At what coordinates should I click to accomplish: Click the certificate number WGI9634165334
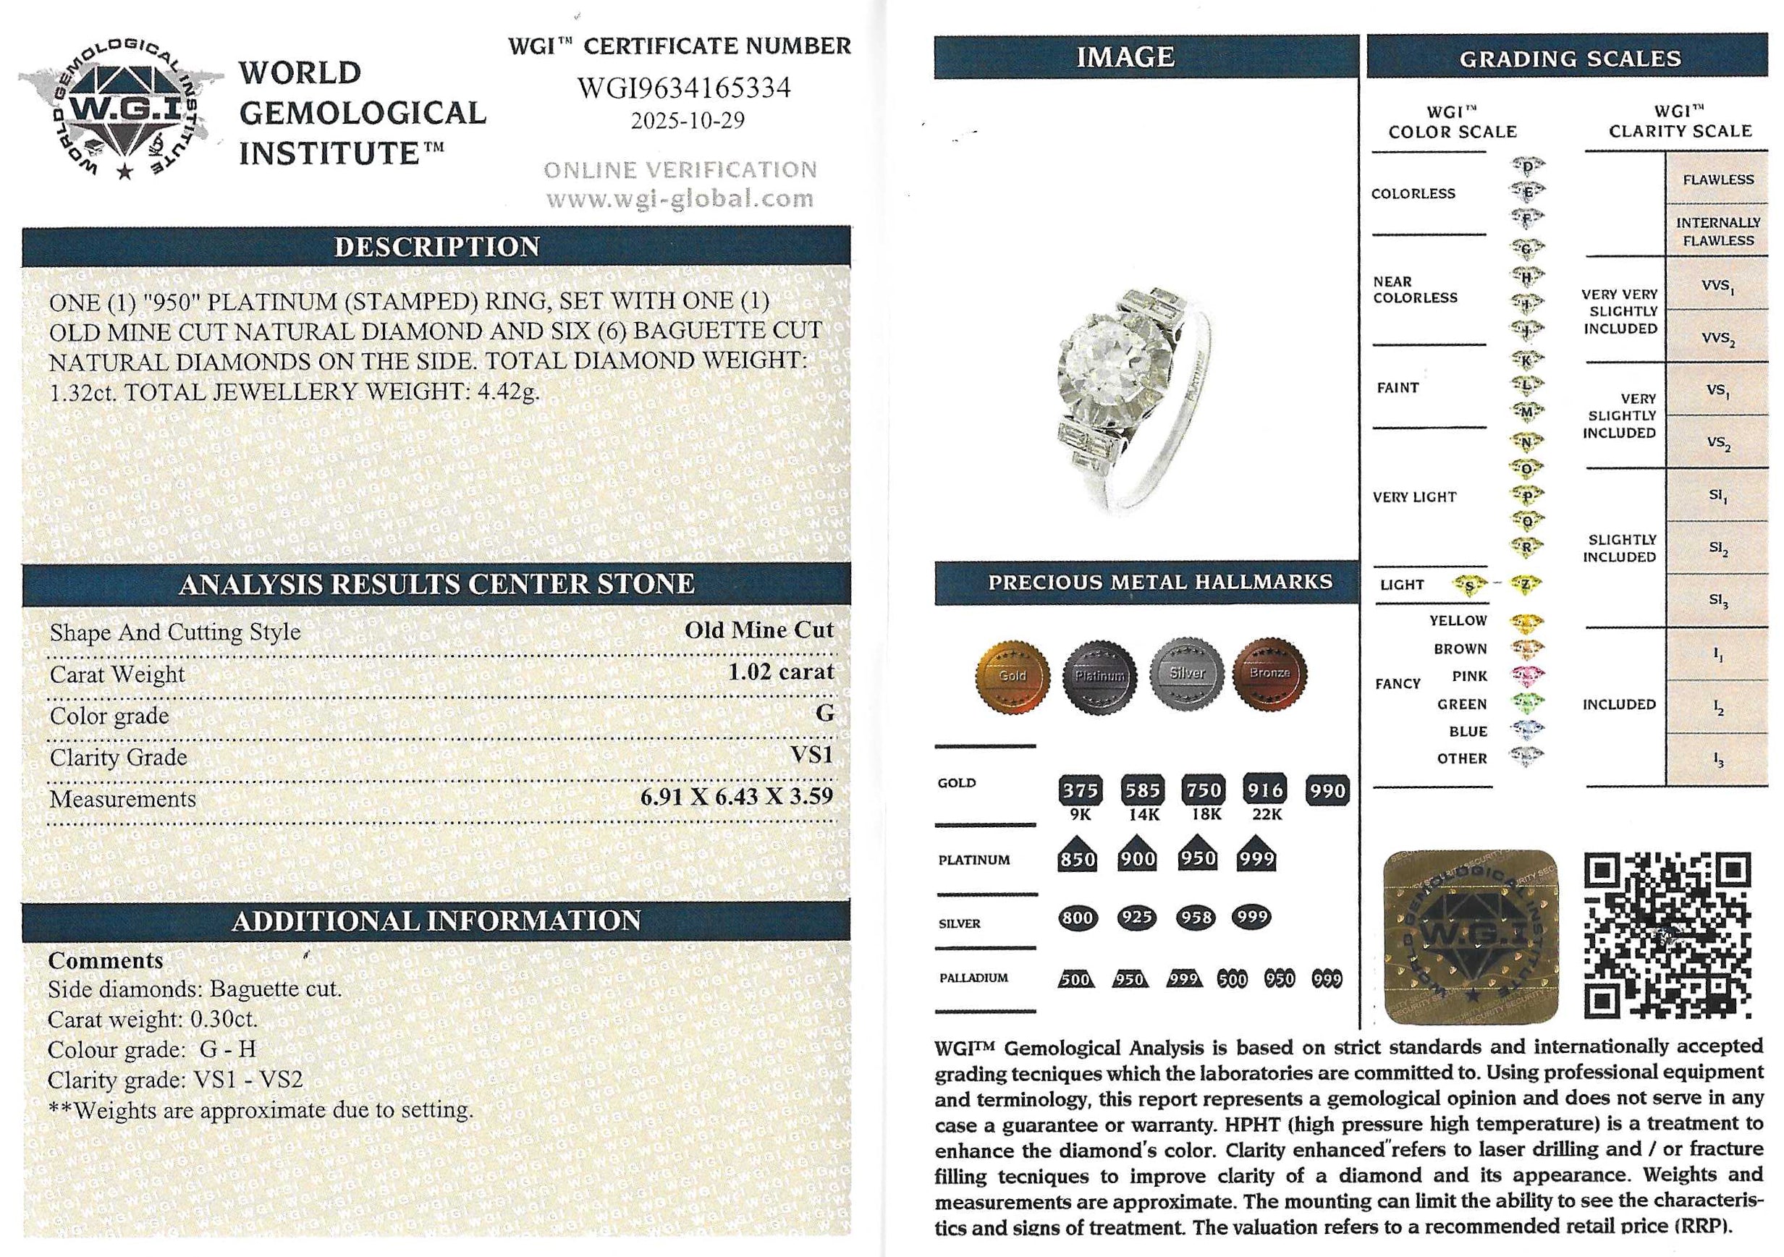[x=683, y=88]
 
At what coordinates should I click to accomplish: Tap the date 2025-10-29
[x=687, y=121]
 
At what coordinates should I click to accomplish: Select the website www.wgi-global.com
[x=679, y=200]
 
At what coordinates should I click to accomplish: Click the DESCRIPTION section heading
[x=436, y=247]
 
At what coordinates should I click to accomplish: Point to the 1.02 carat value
[x=780, y=672]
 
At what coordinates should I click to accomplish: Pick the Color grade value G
[x=824, y=714]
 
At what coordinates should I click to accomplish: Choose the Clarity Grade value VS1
[x=811, y=754]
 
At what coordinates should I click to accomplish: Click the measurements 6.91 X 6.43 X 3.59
[x=736, y=796]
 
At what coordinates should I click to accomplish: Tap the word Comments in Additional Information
[x=106, y=960]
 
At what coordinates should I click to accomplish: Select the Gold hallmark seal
[x=1013, y=676]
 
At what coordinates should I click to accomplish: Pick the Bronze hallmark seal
[x=1269, y=674]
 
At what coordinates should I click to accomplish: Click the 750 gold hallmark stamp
[x=1203, y=790]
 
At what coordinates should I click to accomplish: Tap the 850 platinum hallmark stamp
[x=1077, y=858]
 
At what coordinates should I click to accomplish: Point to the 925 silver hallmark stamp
[x=1137, y=918]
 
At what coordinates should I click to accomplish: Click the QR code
[x=1667, y=936]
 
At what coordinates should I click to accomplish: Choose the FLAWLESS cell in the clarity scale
[x=1717, y=179]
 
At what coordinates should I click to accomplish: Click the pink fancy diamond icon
[x=1527, y=676]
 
